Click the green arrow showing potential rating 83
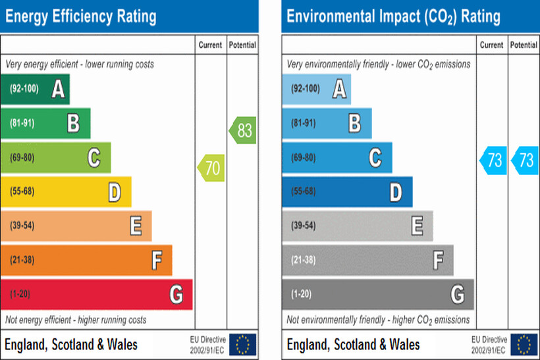[x=243, y=130]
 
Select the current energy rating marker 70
[x=211, y=168]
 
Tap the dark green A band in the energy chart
[x=35, y=89]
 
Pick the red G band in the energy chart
[x=96, y=294]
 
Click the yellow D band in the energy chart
[x=66, y=192]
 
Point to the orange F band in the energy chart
[x=86, y=260]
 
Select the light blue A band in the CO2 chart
[x=316, y=89]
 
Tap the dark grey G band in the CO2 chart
[x=377, y=294]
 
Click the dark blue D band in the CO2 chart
[x=347, y=192]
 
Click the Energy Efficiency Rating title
[x=80, y=16]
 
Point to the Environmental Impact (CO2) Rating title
[x=393, y=16]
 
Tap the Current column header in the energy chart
[x=211, y=45]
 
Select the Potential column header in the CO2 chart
[x=524, y=45]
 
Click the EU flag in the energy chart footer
[x=243, y=344]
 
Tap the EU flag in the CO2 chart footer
[x=524, y=344]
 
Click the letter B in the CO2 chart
[x=354, y=123]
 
